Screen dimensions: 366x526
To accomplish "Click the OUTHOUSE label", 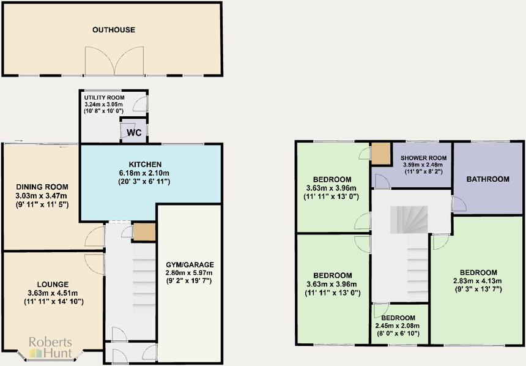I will [113, 29].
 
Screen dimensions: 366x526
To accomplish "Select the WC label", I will [133, 132].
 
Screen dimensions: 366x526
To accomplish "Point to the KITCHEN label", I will [145, 165].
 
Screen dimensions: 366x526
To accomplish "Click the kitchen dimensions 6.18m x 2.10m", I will [144, 173].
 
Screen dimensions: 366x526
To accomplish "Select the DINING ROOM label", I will [42, 187].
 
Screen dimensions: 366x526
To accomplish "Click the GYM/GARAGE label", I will [190, 264].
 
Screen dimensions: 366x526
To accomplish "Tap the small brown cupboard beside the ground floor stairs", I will [144, 232].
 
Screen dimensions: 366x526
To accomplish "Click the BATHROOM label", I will [487, 179].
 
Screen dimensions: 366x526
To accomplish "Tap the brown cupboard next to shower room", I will [380, 153].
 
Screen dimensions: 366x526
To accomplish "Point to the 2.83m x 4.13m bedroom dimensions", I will [478, 281].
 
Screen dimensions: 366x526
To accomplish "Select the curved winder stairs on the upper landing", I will [406, 220].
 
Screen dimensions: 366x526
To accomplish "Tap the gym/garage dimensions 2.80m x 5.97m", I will [190, 273].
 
